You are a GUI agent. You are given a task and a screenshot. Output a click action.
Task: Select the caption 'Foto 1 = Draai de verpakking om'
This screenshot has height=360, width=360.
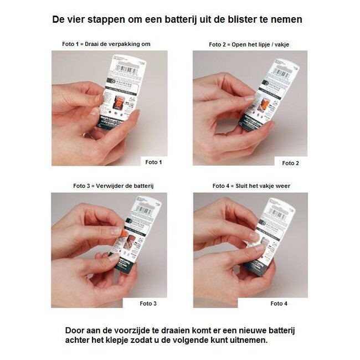[x=106, y=44]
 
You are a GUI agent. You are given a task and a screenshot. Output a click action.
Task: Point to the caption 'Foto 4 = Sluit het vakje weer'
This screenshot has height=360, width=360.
[x=251, y=186]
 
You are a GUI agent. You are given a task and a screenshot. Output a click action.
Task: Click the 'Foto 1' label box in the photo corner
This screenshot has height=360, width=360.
[x=153, y=162]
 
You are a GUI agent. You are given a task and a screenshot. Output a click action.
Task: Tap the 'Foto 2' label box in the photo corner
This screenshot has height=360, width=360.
[x=290, y=162]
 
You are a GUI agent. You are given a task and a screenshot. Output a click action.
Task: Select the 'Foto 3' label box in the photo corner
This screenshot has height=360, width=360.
[x=148, y=304]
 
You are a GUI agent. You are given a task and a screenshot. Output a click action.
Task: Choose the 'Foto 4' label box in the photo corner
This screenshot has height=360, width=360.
[x=279, y=304]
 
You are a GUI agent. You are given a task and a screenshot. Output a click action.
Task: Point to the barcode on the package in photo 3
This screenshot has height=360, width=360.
[x=145, y=210]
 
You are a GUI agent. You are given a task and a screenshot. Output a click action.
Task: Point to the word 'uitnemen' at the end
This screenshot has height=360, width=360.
[x=249, y=340]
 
